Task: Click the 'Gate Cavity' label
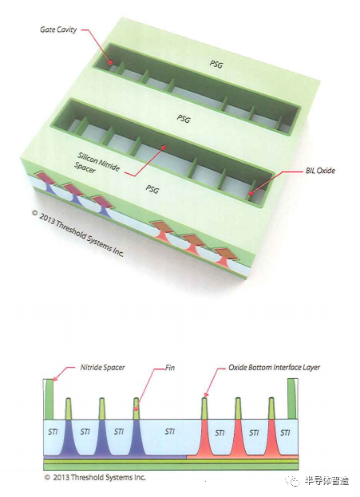point(58,30)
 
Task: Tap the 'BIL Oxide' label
point(320,170)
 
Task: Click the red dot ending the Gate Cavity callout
point(110,62)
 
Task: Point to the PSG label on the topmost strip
point(216,64)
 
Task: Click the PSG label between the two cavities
point(184,119)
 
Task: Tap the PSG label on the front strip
point(152,189)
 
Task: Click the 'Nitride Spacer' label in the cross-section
point(102,367)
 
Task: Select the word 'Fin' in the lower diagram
point(170,368)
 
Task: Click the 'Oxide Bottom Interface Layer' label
point(274,367)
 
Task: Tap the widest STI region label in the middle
point(170,431)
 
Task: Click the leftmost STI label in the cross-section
point(53,432)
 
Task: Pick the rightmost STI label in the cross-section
point(285,432)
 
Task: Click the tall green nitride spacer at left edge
point(49,400)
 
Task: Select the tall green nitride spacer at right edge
point(292,399)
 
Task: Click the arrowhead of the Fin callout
point(136,409)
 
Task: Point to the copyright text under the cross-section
point(95,477)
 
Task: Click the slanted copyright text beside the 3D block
point(77,234)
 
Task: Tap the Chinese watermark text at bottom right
point(326,480)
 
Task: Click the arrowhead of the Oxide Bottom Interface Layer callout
point(205,395)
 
